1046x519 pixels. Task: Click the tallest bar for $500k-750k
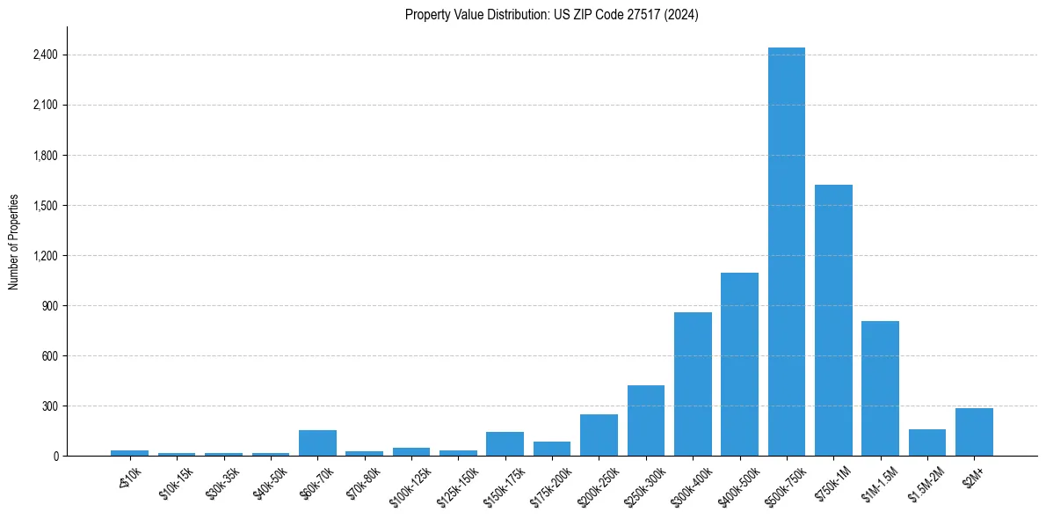pyautogui.click(x=786, y=252)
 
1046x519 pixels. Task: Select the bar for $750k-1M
pyautogui.click(x=833, y=320)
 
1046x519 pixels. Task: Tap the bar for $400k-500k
pyautogui.click(x=739, y=364)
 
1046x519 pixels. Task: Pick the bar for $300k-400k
pyautogui.click(x=693, y=384)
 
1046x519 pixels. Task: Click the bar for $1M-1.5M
pyautogui.click(x=880, y=388)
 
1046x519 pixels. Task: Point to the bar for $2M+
pyautogui.click(x=974, y=432)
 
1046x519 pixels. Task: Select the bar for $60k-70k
pyautogui.click(x=317, y=442)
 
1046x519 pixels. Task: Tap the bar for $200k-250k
pyautogui.click(x=599, y=435)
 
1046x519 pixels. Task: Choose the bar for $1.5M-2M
pyautogui.click(x=927, y=442)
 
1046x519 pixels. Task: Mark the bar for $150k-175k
pyautogui.click(x=505, y=443)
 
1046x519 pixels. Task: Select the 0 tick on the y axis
pyautogui.click(x=54, y=457)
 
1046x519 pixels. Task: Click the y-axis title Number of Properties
pyautogui.click(x=14, y=242)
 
